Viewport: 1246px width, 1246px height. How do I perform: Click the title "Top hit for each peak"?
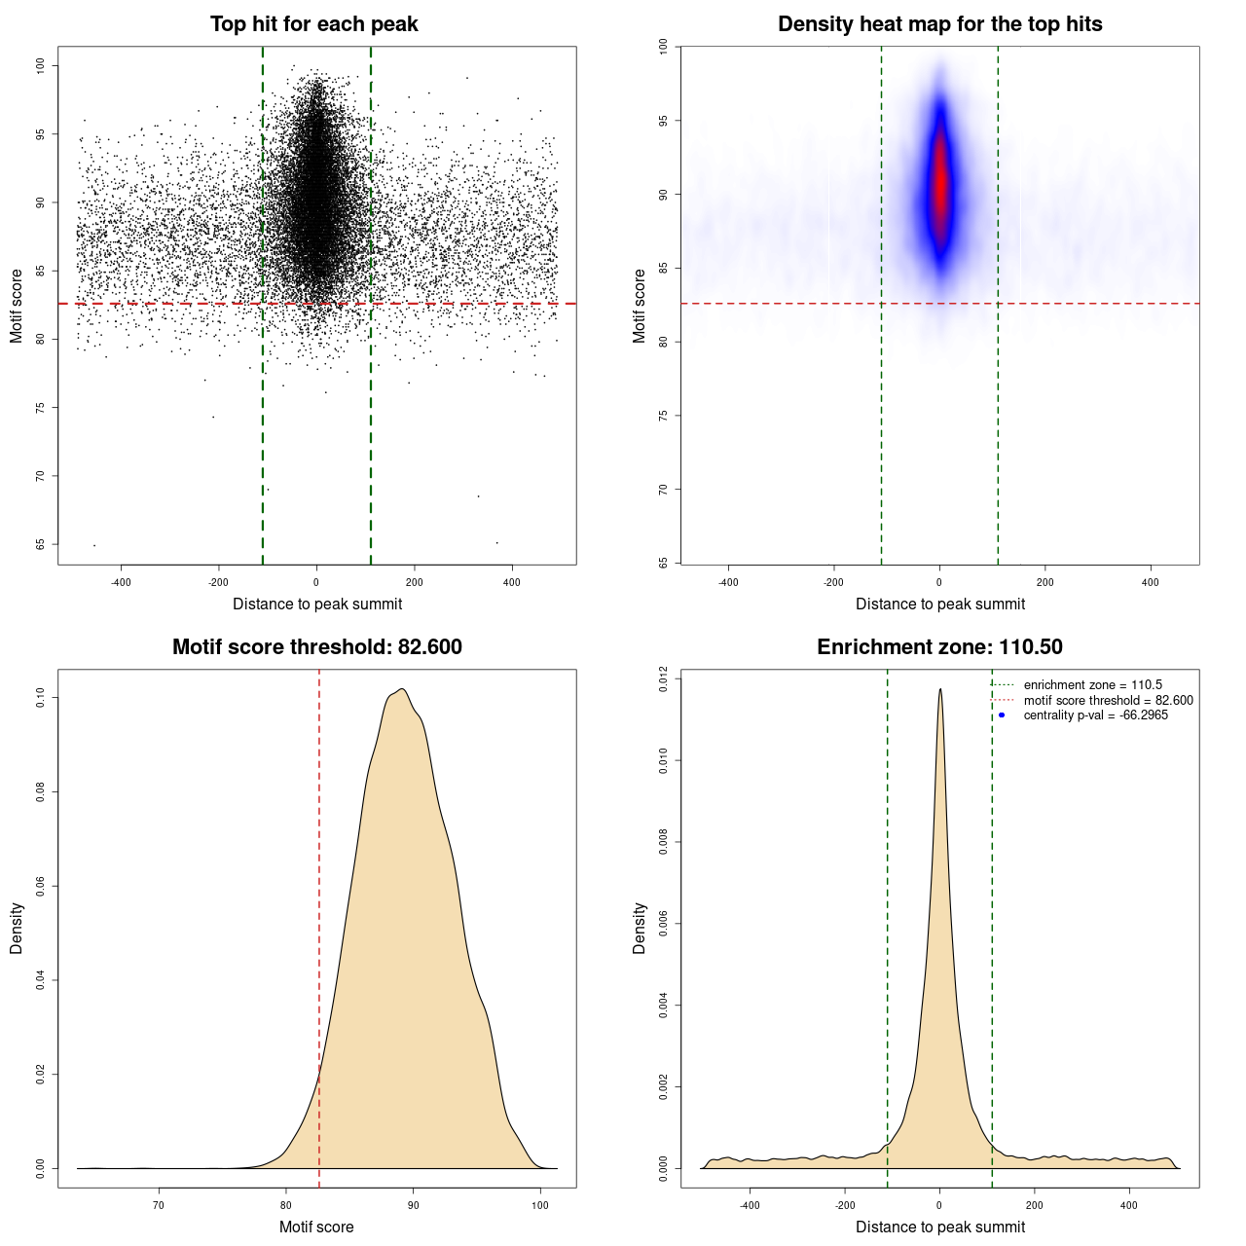click(314, 24)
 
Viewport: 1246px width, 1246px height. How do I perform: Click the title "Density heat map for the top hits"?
click(939, 24)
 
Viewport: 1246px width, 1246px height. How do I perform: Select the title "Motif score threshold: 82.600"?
click(316, 647)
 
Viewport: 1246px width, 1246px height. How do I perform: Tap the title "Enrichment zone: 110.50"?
click(939, 647)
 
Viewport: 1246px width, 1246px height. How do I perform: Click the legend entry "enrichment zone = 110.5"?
click(1092, 685)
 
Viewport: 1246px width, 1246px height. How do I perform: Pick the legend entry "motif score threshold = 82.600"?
click(1108, 700)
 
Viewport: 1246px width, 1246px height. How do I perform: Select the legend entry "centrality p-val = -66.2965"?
click(1095, 715)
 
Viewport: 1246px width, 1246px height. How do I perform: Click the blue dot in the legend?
click(1002, 715)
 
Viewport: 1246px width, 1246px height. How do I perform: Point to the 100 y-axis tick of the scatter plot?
click(41, 65)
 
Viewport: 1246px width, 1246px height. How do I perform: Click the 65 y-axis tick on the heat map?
click(664, 563)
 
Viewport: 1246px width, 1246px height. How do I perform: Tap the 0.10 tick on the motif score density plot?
click(41, 697)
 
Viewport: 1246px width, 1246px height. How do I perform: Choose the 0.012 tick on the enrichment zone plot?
click(664, 678)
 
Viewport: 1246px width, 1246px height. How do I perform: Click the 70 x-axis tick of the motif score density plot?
click(159, 1205)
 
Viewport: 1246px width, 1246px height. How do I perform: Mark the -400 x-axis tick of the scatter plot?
click(121, 582)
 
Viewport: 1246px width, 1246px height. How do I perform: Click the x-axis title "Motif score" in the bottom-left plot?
click(316, 1228)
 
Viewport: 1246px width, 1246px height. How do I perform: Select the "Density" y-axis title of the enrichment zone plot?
click(640, 928)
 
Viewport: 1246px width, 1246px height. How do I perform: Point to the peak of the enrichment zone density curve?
click(940, 689)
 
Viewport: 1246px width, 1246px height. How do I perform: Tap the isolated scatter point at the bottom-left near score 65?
click(94, 545)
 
